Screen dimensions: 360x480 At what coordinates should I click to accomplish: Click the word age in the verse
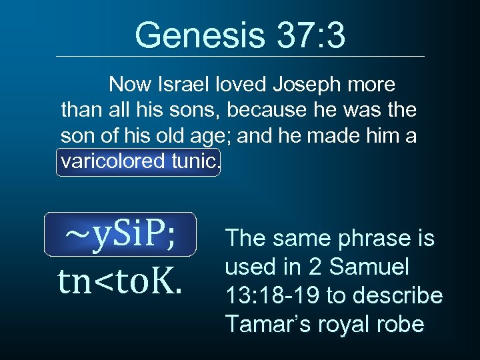(x=213, y=137)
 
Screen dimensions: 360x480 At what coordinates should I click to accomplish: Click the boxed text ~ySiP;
(x=121, y=235)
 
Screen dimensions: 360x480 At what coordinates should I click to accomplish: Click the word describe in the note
(x=402, y=295)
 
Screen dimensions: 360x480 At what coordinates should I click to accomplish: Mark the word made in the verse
(x=343, y=137)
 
